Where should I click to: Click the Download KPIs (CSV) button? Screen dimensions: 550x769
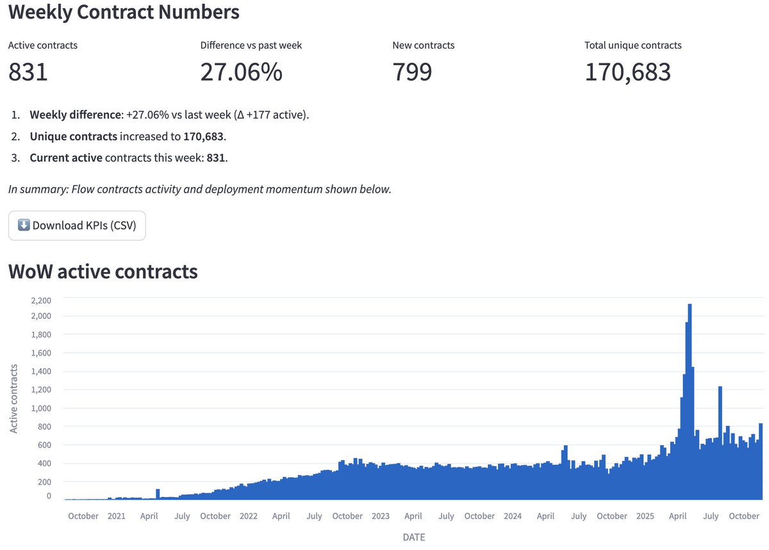[77, 225]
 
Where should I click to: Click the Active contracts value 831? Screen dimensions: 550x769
[28, 72]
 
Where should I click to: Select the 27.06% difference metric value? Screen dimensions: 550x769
[241, 72]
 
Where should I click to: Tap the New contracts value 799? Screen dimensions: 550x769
[412, 72]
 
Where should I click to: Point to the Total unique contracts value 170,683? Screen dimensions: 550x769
[627, 72]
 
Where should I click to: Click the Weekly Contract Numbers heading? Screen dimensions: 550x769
[124, 12]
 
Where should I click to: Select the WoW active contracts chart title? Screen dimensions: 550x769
[103, 271]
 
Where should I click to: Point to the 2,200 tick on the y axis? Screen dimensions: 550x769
[38, 300]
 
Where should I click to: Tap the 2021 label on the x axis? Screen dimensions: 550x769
[116, 516]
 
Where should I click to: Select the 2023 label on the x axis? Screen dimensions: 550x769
[380, 516]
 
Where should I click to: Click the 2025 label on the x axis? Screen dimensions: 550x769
[645, 516]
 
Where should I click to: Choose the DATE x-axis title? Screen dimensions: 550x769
[413, 537]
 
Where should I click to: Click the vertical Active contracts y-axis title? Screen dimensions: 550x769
[13, 399]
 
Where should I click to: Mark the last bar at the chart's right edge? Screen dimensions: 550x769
[761, 461]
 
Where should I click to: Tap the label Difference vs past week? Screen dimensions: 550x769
[251, 45]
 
